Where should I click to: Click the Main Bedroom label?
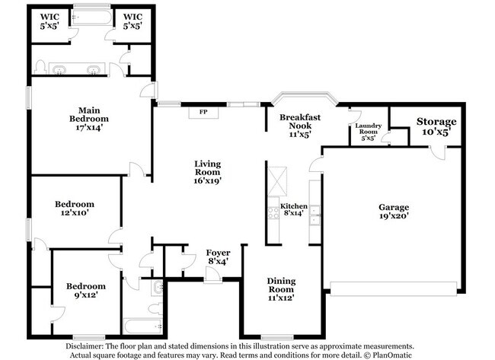(90, 123)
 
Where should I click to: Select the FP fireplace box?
(204, 113)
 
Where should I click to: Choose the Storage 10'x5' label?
(436, 126)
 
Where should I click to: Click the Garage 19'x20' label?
(394, 212)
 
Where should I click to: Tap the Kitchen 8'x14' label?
(294, 211)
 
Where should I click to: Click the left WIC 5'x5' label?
(50, 20)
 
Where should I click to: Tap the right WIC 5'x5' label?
(133, 20)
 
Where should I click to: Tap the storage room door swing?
(436, 151)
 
